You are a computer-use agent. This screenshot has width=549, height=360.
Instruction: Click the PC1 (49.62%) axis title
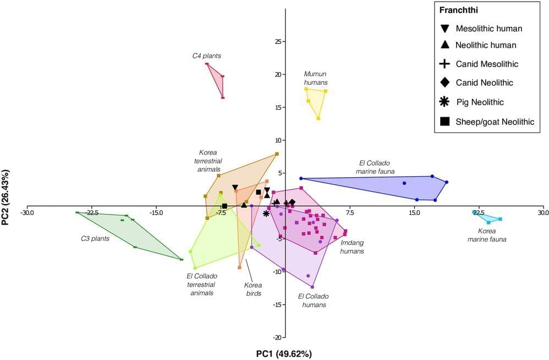[284, 353]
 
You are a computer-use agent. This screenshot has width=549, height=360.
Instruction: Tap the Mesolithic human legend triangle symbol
[445, 29]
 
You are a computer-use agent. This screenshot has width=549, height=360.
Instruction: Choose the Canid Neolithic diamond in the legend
[445, 83]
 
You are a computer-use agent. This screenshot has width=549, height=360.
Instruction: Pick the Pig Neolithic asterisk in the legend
[445, 102]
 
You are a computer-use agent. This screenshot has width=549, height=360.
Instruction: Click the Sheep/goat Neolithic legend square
[445, 122]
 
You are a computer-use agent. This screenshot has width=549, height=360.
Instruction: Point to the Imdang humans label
[353, 246]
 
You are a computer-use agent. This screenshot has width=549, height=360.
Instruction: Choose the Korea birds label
[253, 289]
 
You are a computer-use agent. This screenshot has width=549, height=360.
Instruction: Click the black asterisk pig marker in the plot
[266, 213]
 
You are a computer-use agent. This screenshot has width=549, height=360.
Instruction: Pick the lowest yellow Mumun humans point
[319, 118]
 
